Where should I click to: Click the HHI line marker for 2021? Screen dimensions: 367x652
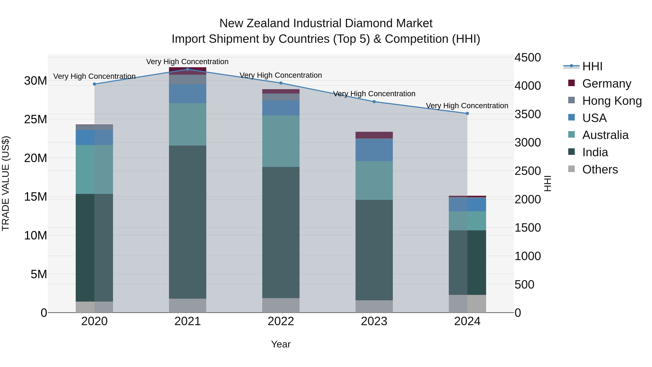[188, 69]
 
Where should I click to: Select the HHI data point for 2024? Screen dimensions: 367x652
[467, 113]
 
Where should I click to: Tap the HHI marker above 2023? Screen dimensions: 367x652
[374, 101]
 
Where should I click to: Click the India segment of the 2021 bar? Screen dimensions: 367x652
[188, 222]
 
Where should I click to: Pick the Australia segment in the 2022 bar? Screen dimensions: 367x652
[281, 141]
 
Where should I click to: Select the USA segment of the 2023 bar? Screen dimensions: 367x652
[374, 150]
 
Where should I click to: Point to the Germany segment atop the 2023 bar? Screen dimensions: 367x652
[374, 135]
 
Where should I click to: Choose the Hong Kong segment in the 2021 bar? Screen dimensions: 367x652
[188, 80]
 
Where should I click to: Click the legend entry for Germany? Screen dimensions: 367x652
[606, 84]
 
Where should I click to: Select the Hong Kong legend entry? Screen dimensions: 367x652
[611, 101]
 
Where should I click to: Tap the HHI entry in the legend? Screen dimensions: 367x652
[592, 66]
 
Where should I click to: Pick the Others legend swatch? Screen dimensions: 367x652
[572, 169]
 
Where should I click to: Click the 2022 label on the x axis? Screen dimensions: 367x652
[281, 321]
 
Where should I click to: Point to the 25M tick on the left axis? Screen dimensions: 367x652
[35, 119]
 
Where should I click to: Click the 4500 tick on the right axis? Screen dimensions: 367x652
[527, 57]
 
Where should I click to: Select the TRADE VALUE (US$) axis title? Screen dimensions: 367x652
[6, 183]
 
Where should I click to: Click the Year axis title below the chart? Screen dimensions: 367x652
[281, 344]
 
